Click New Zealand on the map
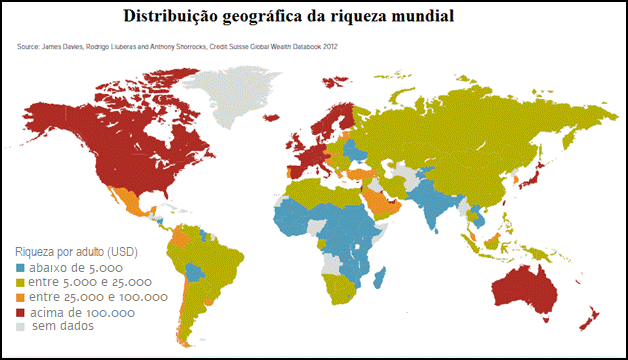590,319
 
